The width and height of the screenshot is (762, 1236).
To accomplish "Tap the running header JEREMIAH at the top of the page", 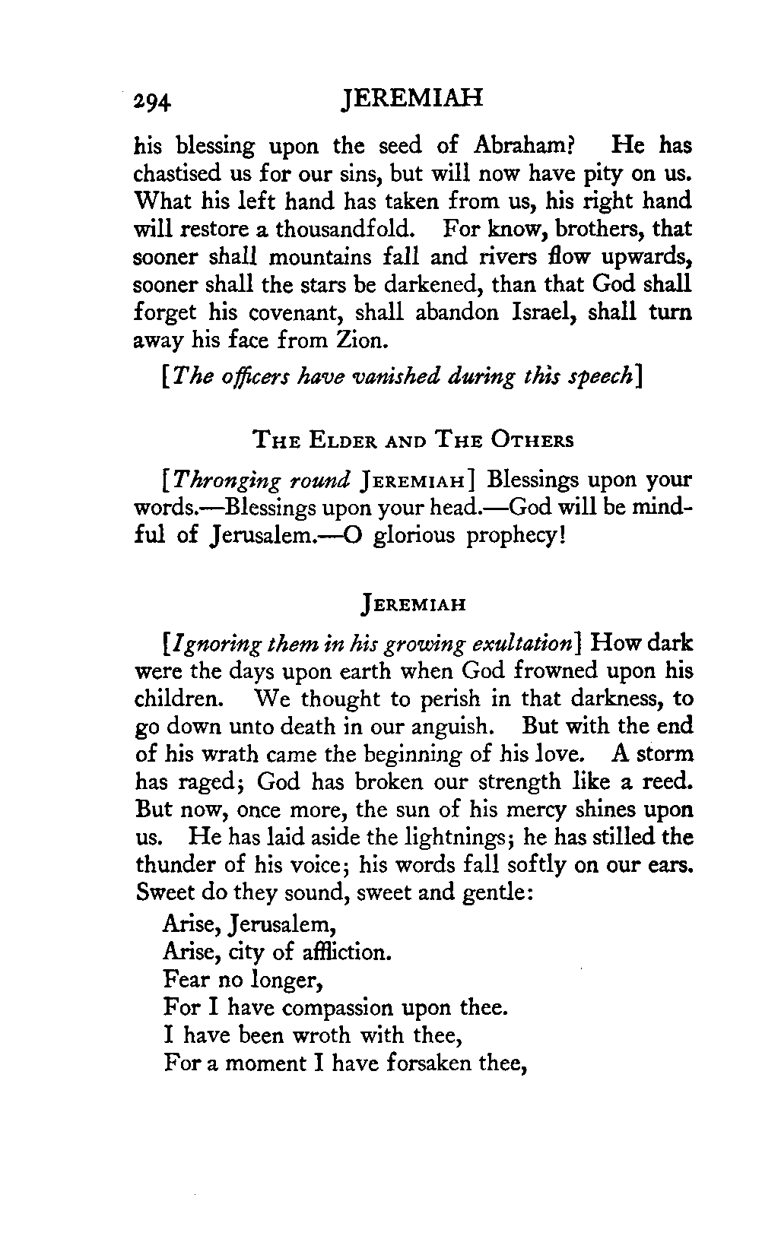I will pos(413,100).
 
